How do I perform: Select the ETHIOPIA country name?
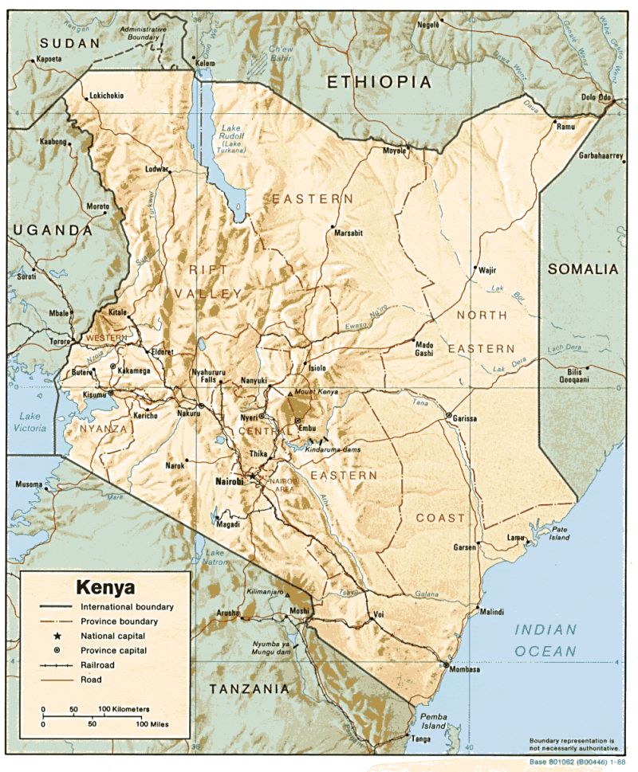point(379,82)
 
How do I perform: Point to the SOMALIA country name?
point(582,269)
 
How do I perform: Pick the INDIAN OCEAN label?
point(545,641)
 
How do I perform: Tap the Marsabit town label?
point(349,233)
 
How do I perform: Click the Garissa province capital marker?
point(449,416)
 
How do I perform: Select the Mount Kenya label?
point(317,393)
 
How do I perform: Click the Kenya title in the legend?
point(105,587)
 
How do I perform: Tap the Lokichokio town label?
point(106,96)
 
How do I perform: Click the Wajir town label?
point(487,270)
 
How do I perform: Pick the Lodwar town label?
point(159,169)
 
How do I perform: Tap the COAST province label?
point(440,518)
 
